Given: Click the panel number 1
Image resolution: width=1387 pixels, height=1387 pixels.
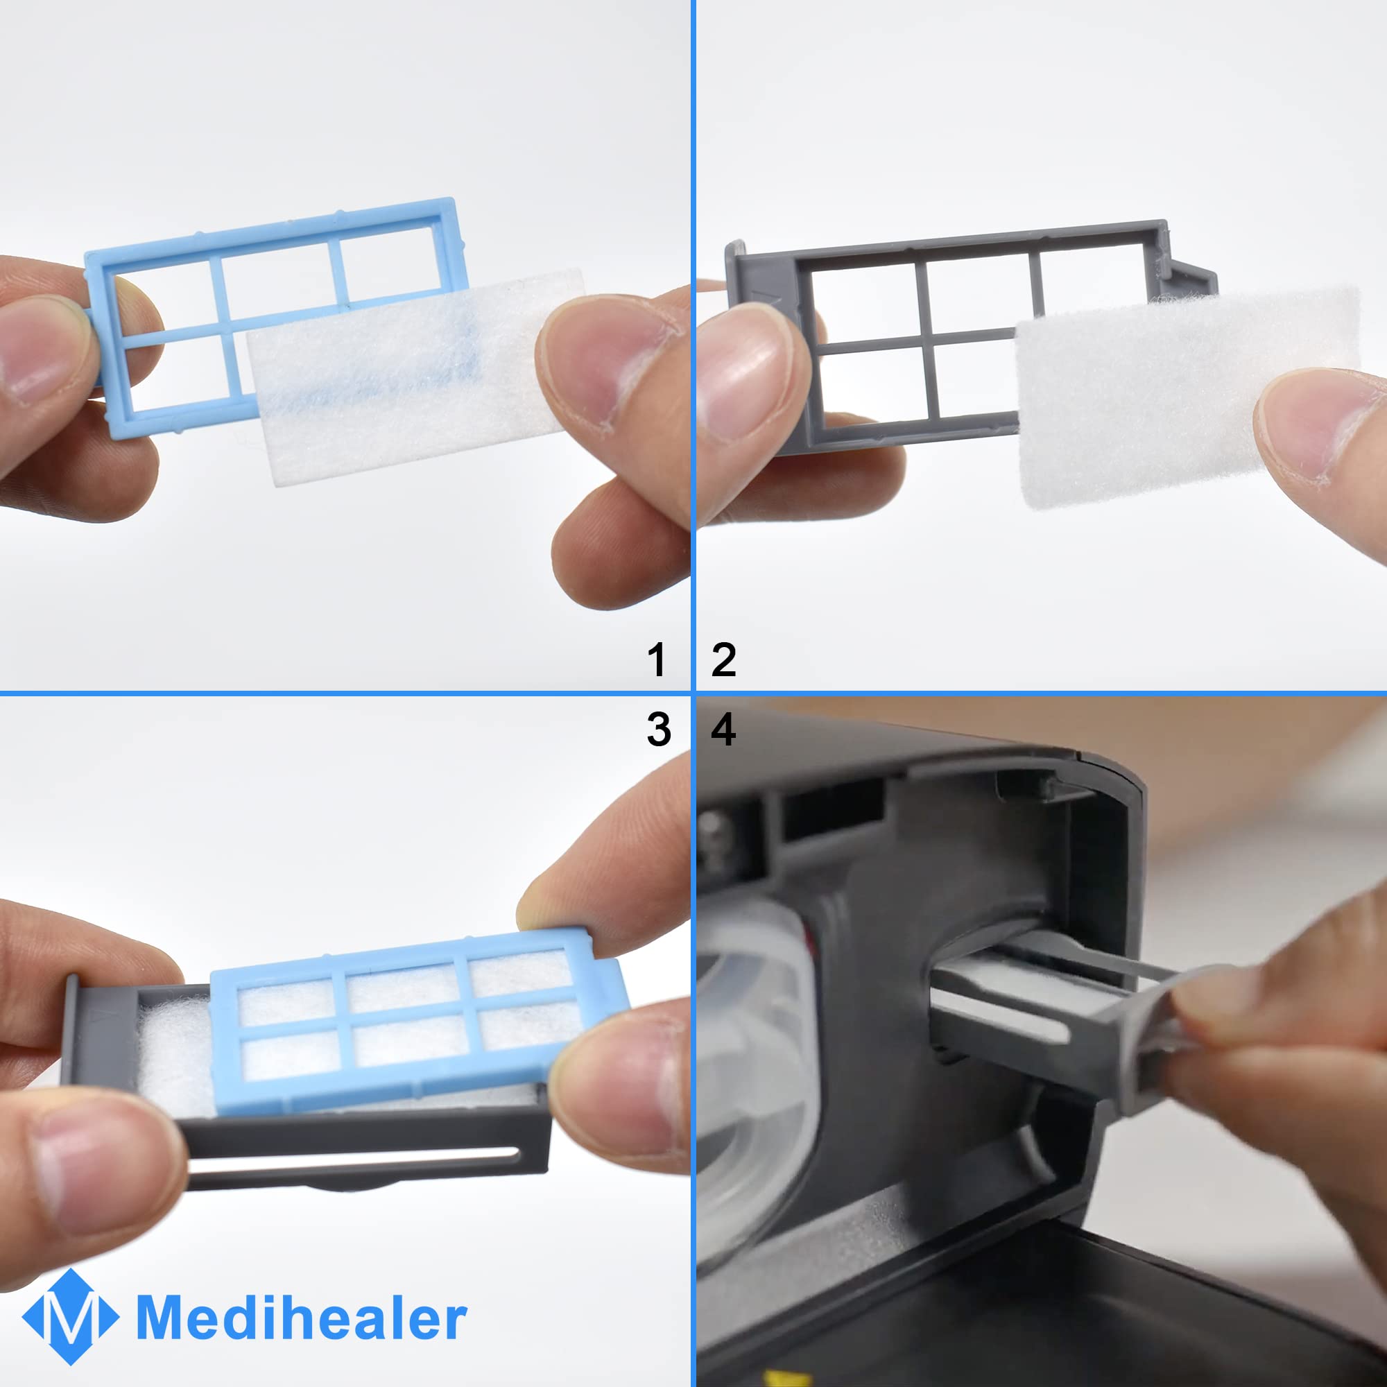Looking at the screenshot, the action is (x=657, y=659).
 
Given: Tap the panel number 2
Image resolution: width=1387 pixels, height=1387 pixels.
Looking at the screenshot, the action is (x=723, y=659).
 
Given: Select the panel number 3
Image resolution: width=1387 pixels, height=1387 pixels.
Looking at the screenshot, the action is (x=658, y=730).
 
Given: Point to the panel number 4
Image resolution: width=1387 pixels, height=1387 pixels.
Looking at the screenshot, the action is (x=723, y=730).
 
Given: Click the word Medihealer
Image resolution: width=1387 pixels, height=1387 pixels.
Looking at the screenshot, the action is (x=302, y=1318).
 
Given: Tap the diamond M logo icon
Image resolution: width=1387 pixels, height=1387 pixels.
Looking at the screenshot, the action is (x=70, y=1318).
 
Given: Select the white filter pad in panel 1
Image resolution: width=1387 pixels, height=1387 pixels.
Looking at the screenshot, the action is (x=416, y=377).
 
